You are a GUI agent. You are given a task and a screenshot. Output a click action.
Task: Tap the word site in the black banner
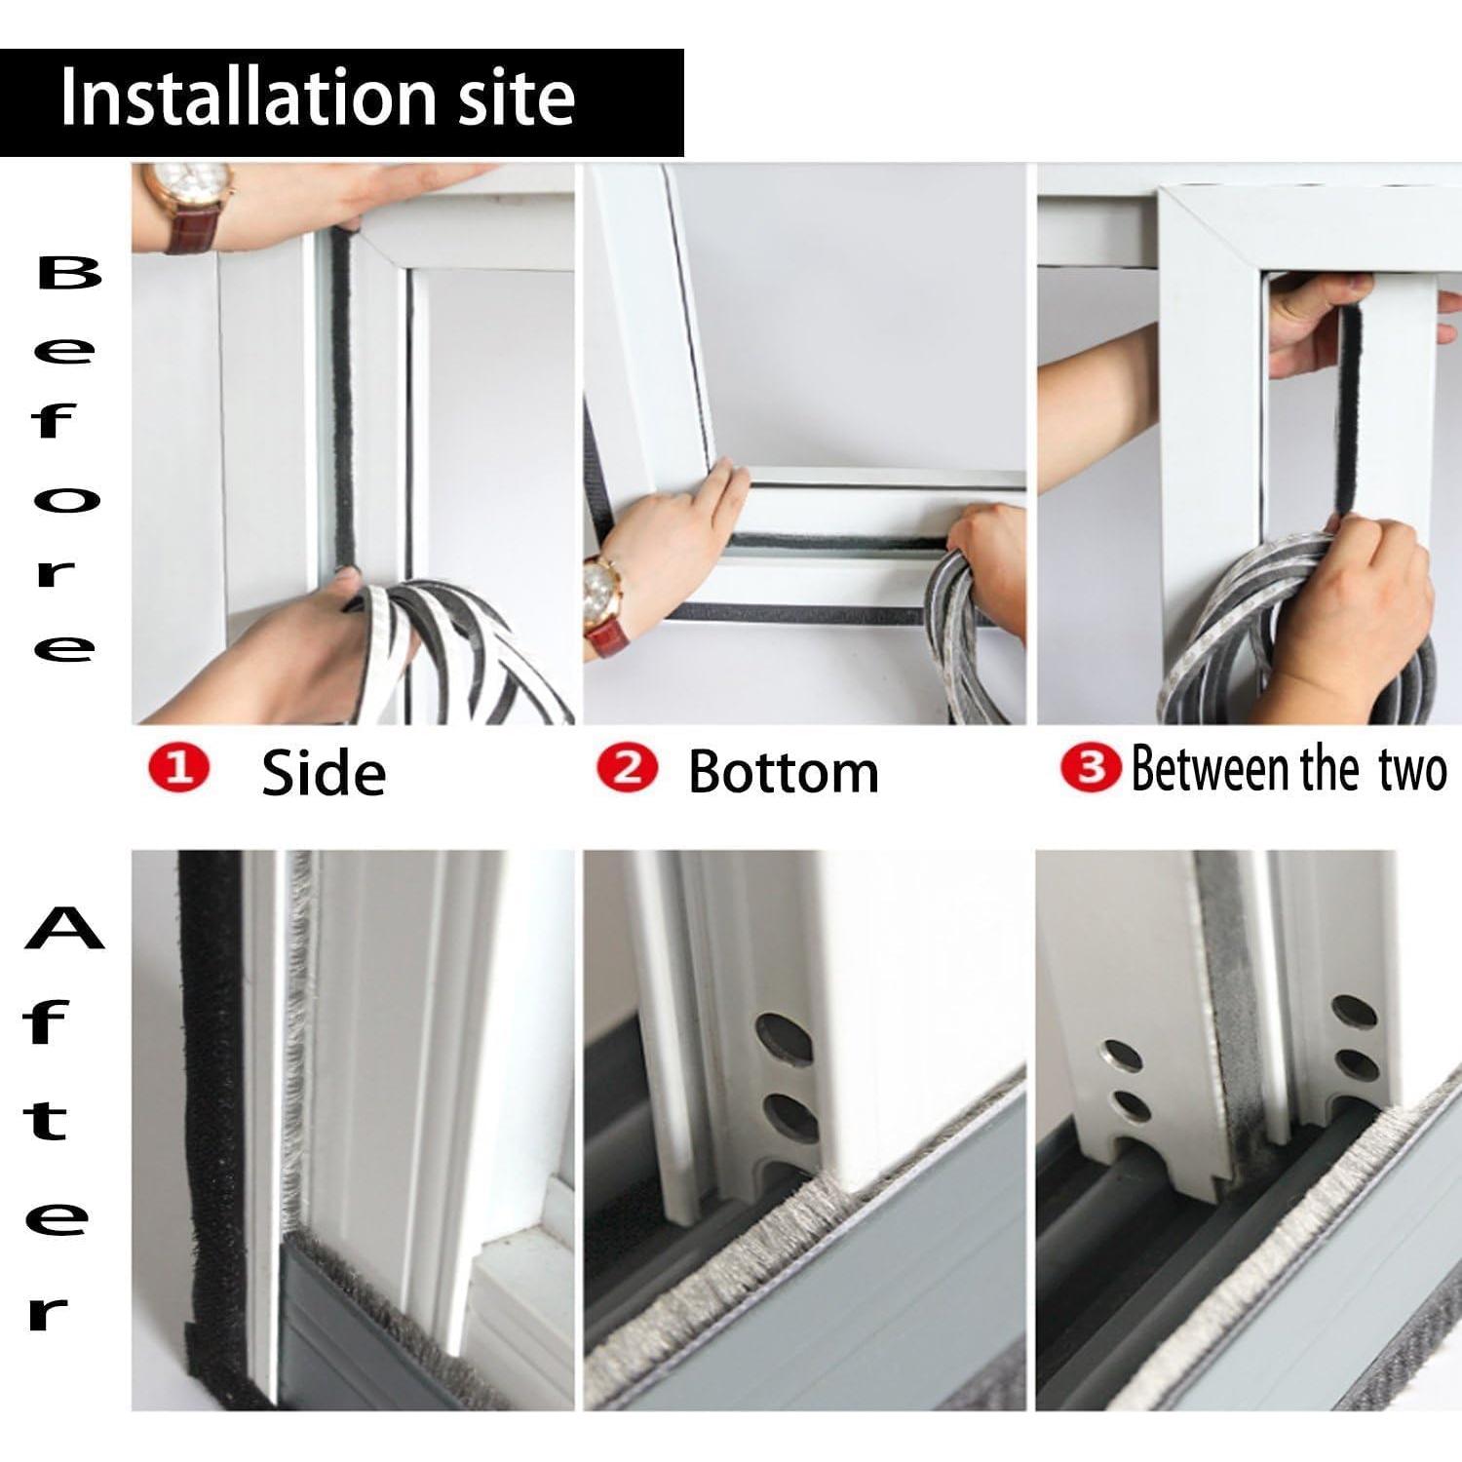click(x=517, y=98)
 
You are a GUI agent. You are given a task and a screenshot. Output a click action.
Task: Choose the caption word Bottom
click(x=783, y=773)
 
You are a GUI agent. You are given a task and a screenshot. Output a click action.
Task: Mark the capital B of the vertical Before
click(x=68, y=276)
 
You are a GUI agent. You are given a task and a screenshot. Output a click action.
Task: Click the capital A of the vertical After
click(x=64, y=929)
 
